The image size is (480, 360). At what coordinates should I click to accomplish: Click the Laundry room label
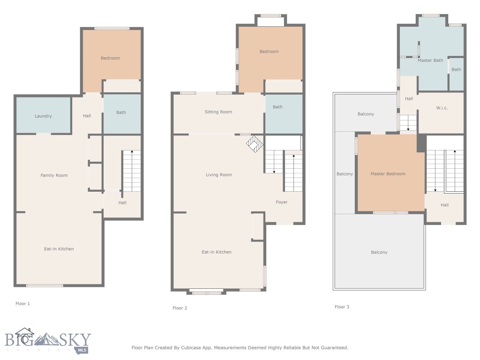coord(43,116)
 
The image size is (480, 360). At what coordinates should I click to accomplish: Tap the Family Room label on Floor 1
coord(54,175)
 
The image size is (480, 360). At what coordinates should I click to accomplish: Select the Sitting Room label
coord(218,112)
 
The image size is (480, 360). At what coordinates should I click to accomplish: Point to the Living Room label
coord(219,175)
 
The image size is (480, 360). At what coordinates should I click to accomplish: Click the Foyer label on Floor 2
coord(281,202)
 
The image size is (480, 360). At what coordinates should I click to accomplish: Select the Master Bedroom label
coord(388,174)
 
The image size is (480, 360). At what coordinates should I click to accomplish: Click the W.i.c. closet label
coord(442,108)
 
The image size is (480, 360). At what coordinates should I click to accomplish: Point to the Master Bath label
coord(430,60)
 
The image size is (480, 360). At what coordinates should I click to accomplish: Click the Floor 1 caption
coord(22,304)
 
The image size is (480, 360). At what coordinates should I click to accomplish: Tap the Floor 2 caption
coord(180,308)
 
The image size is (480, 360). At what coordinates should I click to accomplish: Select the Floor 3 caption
coord(342,307)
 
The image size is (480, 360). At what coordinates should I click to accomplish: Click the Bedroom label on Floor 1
coord(110,58)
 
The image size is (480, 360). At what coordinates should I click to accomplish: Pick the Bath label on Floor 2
coord(277,107)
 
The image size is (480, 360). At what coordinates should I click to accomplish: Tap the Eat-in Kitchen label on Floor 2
coord(217,252)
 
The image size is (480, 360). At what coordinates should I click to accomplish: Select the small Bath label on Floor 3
coord(456,70)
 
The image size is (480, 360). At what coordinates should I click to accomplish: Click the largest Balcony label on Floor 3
coord(379,253)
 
